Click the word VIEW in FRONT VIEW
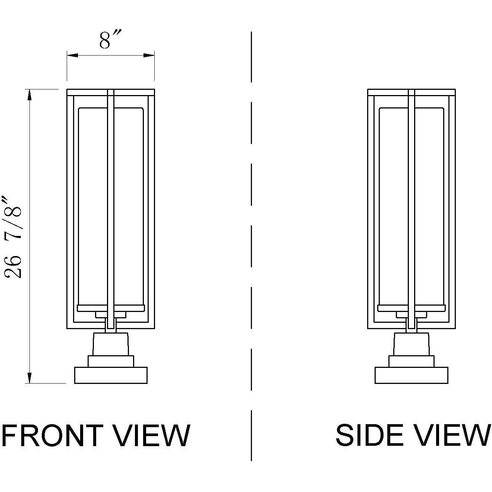coord(152,435)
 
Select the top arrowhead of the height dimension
coord(29,94)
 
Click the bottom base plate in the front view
coord(111,375)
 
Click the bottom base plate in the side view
coord(411,375)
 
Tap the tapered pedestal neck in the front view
coord(111,344)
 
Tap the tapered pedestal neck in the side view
coord(411,344)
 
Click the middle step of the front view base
coord(111,361)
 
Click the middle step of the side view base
coord(411,361)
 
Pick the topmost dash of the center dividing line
coord(252,57)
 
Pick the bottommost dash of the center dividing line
coord(252,435)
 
